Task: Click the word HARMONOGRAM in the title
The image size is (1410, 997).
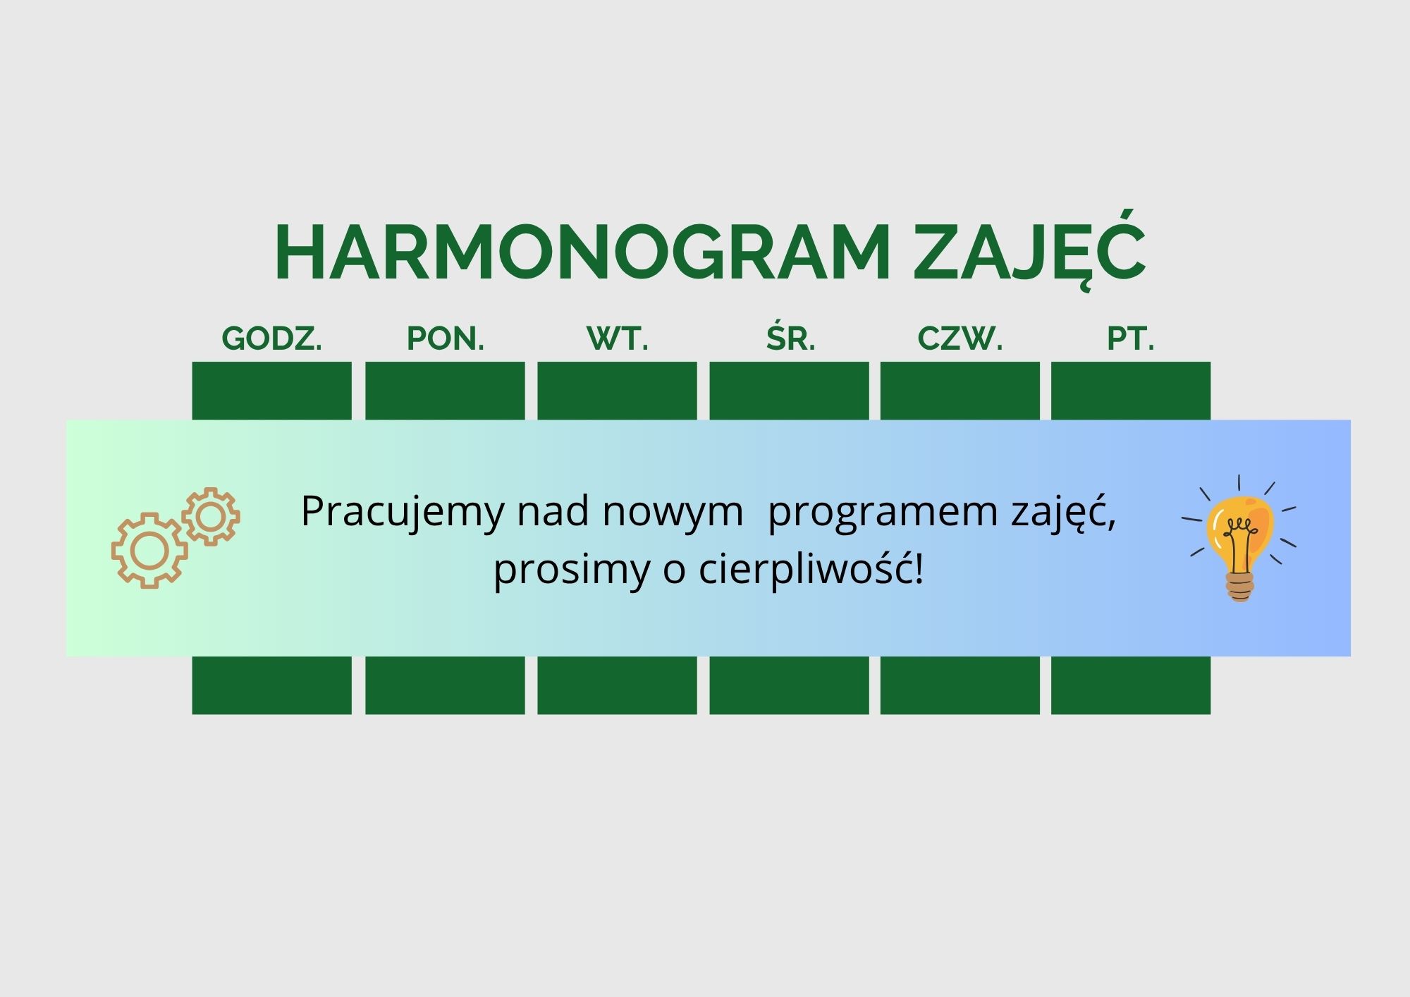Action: (582, 253)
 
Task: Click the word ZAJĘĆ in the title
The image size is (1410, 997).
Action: (1029, 250)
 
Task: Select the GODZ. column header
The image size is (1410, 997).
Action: (272, 339)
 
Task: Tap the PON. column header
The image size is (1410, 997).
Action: (446, 339)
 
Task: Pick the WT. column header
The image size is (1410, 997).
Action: (618, 339)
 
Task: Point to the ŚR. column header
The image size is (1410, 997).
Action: (791, 337)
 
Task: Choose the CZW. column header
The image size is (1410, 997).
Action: (960, 339)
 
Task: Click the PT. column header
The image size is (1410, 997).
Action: (1131, 339)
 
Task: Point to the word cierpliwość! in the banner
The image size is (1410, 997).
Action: (811, 570)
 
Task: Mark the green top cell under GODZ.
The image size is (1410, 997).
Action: (272, 391)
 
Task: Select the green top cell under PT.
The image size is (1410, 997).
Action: (1131, 391)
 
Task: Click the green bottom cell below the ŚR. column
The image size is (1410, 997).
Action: (789, 685)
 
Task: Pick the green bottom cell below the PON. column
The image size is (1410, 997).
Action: (445, 685)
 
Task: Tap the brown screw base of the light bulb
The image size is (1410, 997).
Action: (1240, 586)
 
